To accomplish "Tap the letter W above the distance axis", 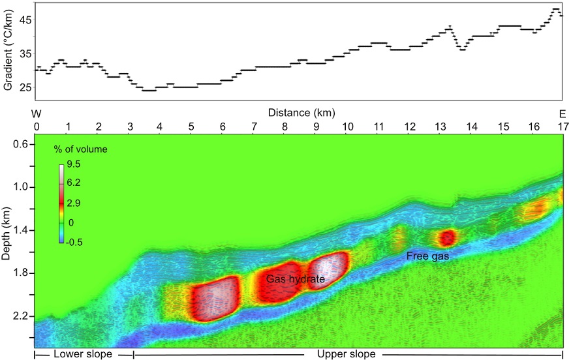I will (x=37, y=113).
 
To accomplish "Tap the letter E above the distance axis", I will (x=563, y=113).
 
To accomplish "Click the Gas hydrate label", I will (x=296, y=279).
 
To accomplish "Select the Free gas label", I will (x=427, y=256).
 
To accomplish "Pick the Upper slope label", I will (x=346, y=354).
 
